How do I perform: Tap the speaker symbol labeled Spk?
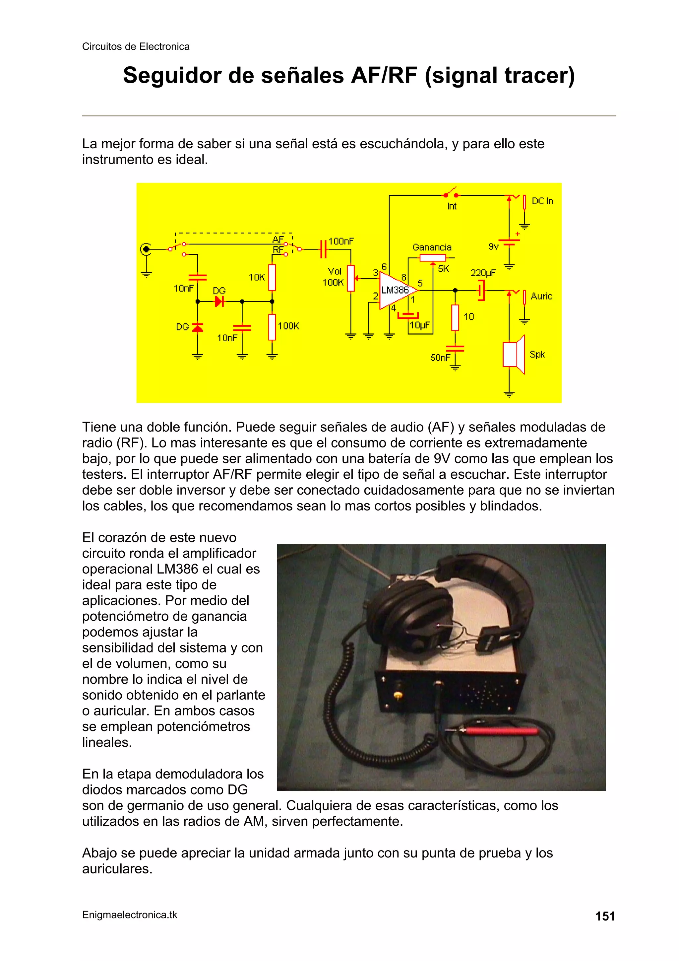click(514, 354)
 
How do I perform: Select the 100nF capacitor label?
click(341, 241)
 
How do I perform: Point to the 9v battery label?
click(494, 246)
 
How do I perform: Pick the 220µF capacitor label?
click(483, 273)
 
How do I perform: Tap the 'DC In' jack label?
click(542, 201)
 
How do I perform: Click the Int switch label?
click(452, 206)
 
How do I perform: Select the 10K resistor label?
click(257, 277)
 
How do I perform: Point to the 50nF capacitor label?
click(440, 358)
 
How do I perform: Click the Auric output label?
click(541, 296)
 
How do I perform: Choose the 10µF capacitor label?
click(419, 325)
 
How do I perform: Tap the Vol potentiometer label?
click(334, 271)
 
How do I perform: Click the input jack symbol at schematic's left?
click(146, 249)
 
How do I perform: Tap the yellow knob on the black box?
click(397, 695)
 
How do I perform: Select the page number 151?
click(605, 916)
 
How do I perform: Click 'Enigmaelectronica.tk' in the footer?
click(130, 915)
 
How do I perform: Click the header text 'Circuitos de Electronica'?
click(136, 46)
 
